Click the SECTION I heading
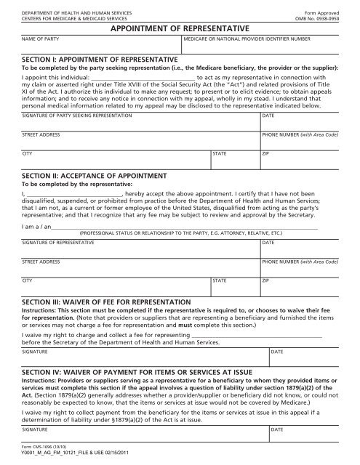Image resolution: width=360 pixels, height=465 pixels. click(100, 58)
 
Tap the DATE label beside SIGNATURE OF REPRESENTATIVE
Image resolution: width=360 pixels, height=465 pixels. click(268, 243)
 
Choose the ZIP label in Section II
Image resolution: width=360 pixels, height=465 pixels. click(265, 280)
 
